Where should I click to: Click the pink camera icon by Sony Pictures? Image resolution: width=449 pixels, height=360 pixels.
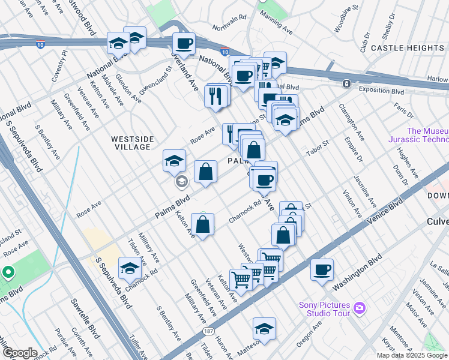[x=360, y=308]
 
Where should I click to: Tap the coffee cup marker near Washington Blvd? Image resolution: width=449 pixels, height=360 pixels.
[x=322, y=269]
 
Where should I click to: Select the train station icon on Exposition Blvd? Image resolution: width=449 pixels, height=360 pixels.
[x=346, y=83]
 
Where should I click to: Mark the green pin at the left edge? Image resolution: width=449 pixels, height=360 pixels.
[x=8, y=272]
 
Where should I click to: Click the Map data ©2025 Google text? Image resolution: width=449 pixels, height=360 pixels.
[x=412, y=355]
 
